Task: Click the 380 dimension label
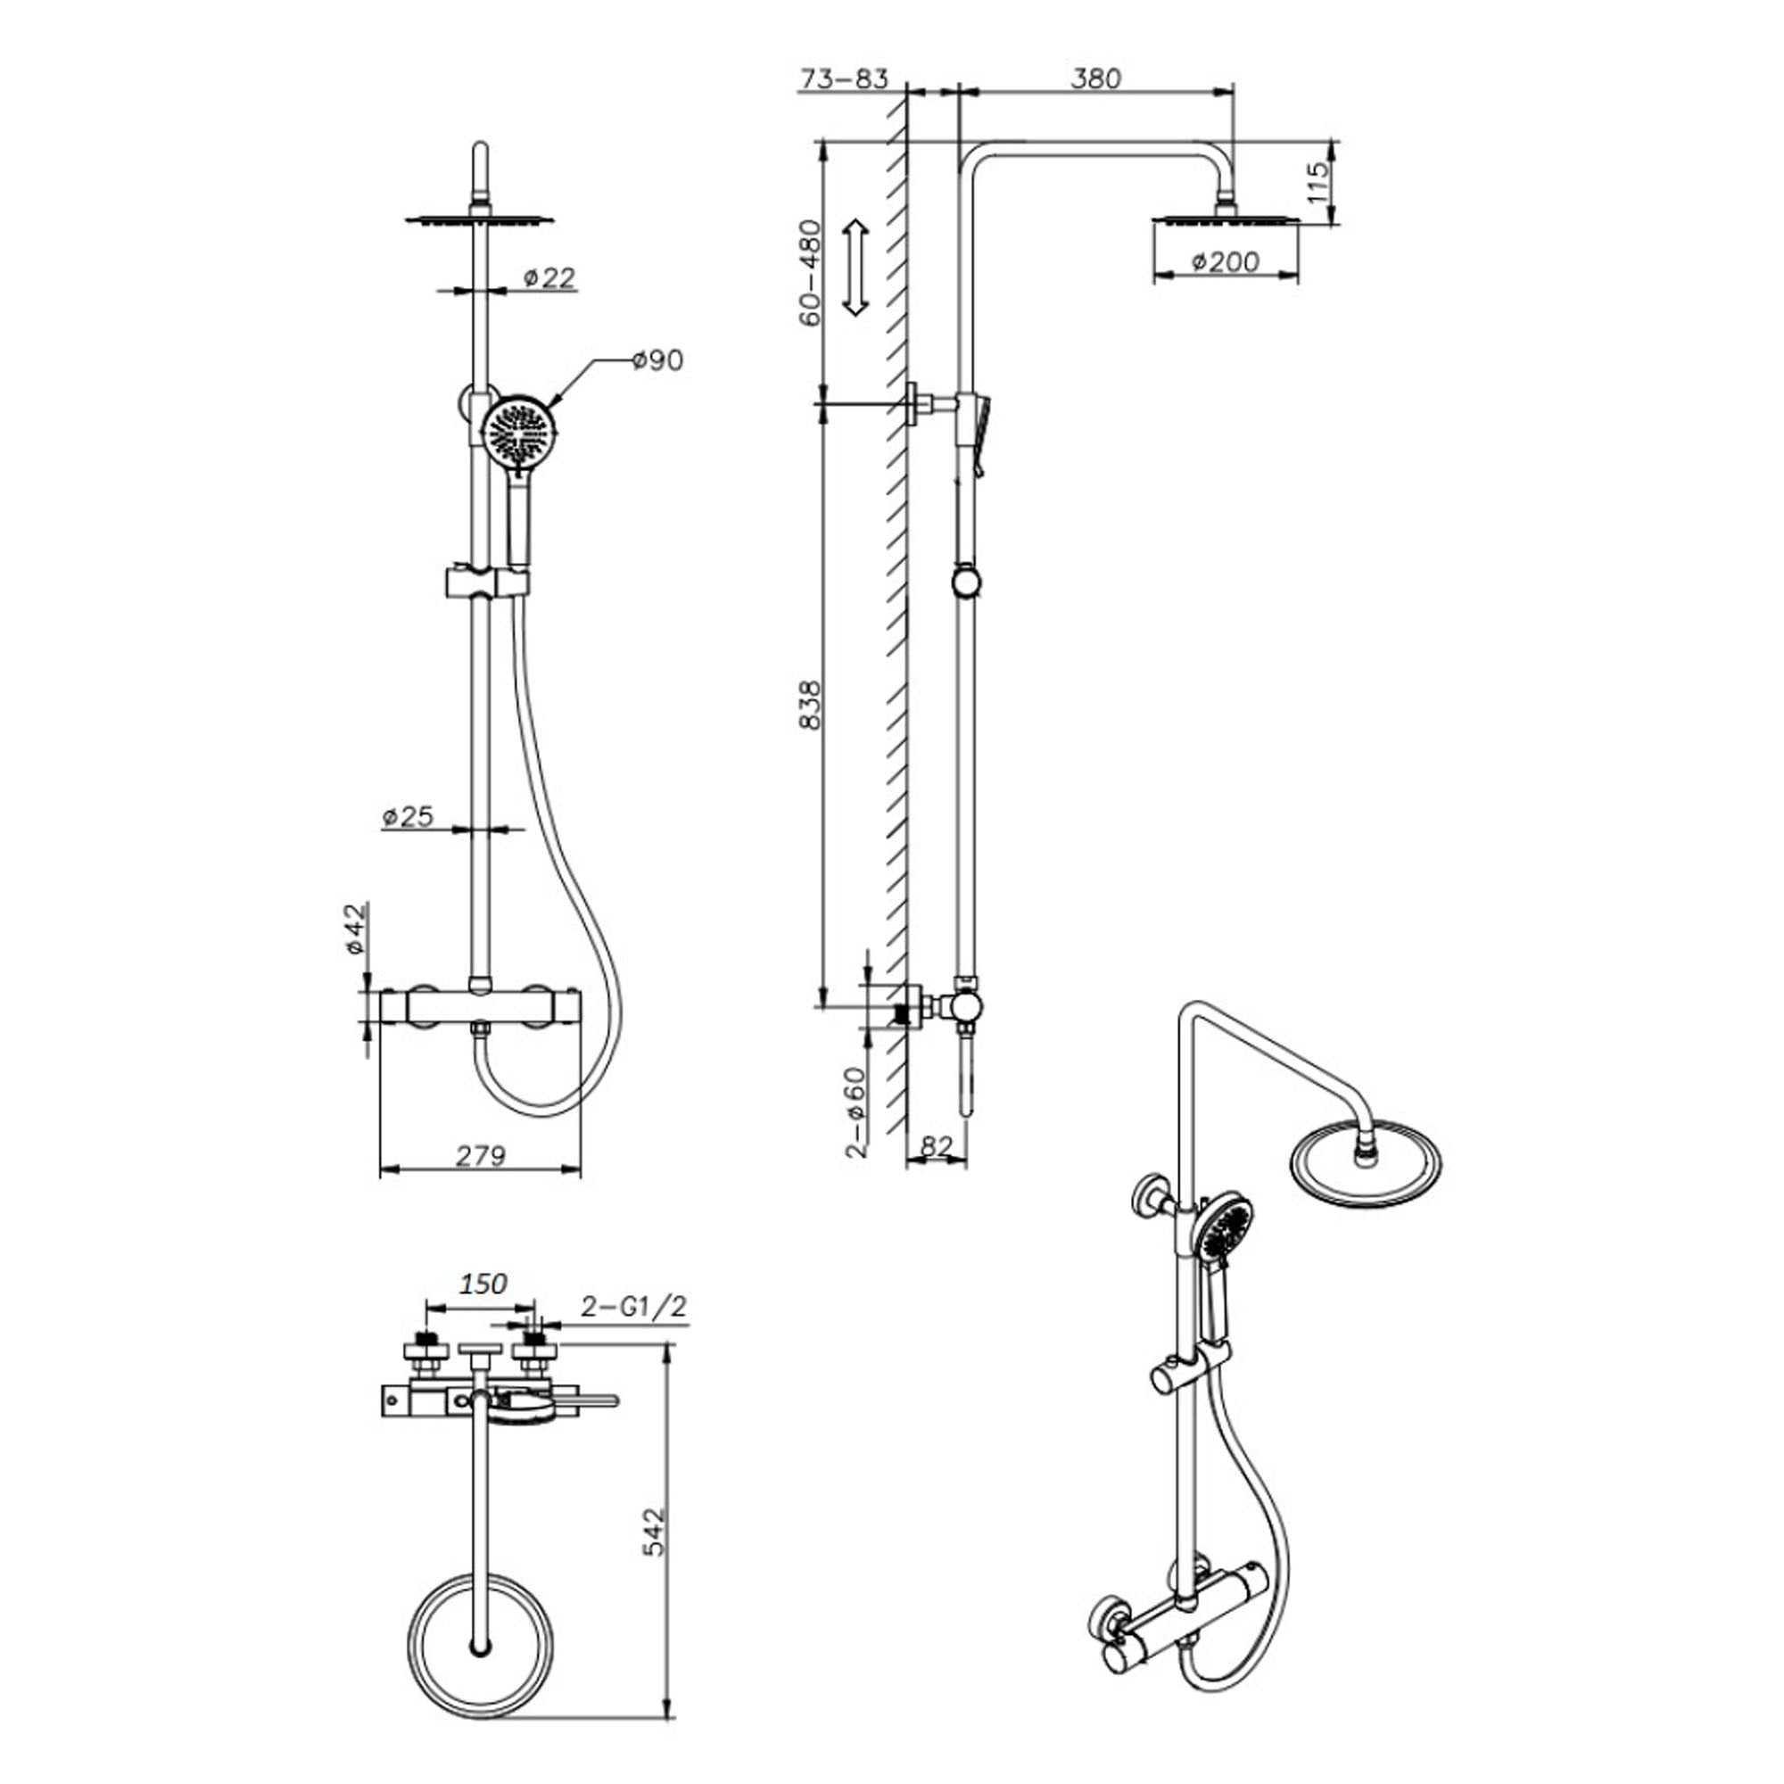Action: click(x=1095, y=78)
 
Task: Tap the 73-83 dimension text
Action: click(x=843, y=78)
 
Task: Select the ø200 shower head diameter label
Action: click(x=1225, y=262)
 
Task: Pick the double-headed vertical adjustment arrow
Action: click(x=856, y=268)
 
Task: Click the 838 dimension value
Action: click(x=810, y=706)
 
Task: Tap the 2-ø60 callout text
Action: click(x=856, y=1111)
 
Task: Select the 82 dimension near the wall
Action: click(x=937, y=1146)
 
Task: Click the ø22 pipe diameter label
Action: click(x=549, y=277)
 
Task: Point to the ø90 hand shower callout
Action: click(x=657, y=360)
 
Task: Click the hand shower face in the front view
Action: click(x=519, y=432)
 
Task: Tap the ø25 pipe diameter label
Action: click(x=408, y=816)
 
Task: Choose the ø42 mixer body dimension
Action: click(x=357, y=929)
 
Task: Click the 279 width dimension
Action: click(x=480, y=1155)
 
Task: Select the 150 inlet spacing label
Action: click(x=483, y=1284)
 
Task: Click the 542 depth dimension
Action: click(x=653, y=1532)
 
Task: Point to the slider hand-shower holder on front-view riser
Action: click(x=487, y=582)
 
